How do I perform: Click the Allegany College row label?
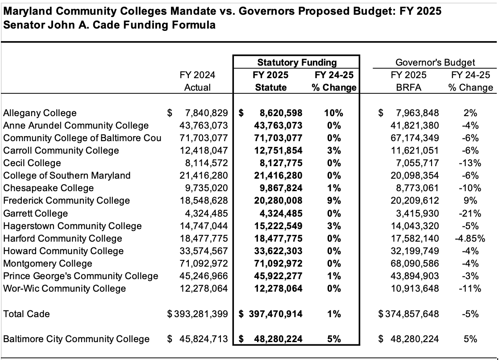40,113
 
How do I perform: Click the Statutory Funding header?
297,63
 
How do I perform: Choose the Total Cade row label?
26,314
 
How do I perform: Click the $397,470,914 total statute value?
270,314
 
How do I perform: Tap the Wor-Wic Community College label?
64,289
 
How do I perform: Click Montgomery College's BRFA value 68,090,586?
413,264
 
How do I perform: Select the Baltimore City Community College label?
76,339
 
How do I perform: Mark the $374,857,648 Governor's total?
408,314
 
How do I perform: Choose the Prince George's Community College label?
80,276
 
